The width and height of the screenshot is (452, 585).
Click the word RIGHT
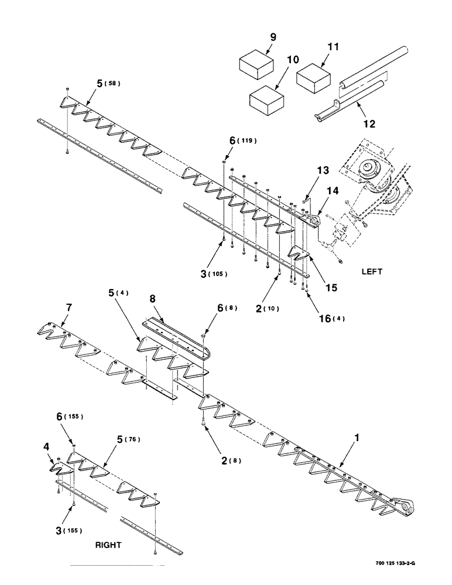[108, 545]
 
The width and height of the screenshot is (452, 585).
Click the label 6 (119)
[242, 141]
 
